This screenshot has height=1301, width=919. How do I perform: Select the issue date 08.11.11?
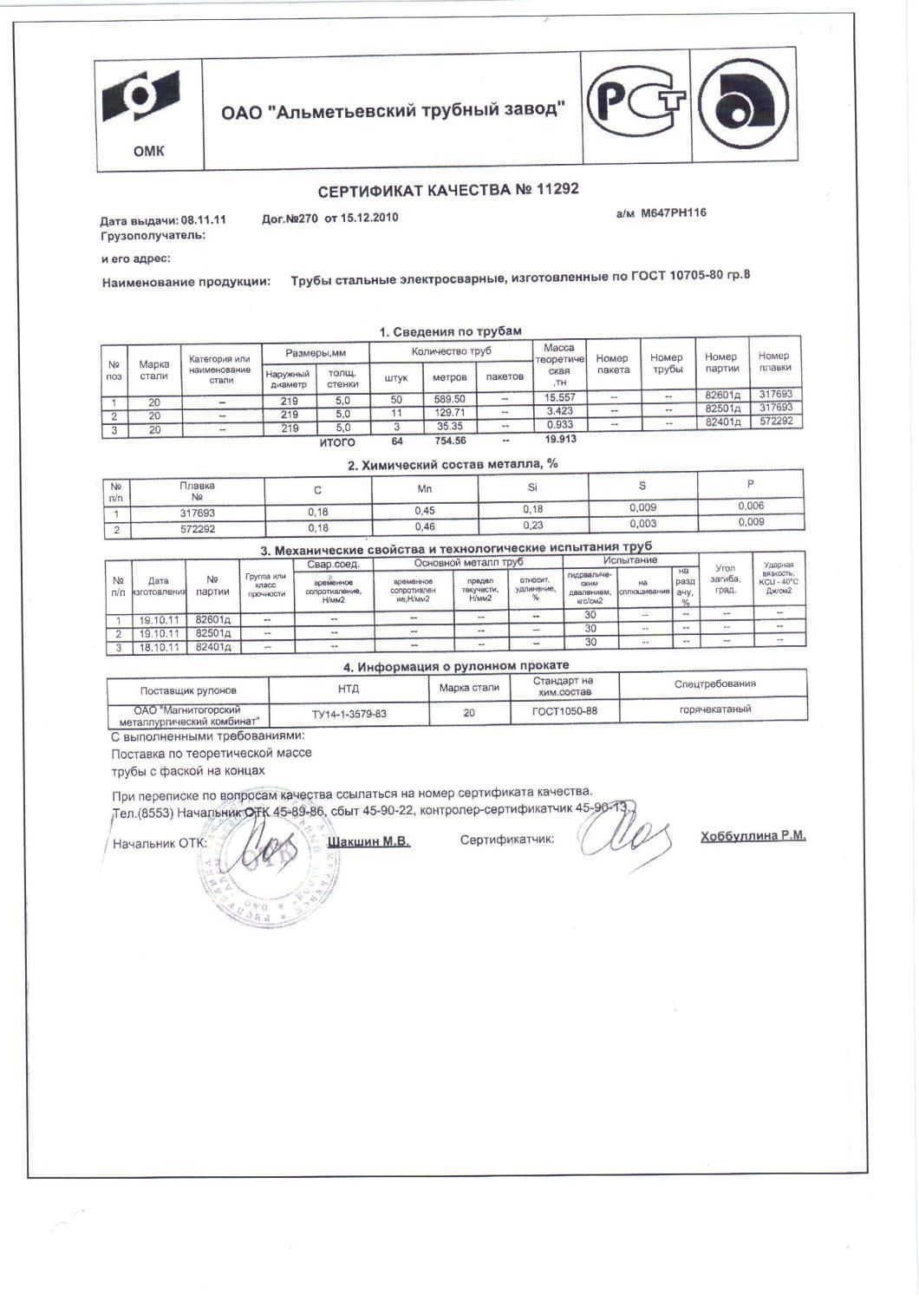coord(204,220)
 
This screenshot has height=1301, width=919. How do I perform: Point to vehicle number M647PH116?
coord(673,212)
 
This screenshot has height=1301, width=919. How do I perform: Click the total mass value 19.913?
coord(561,439)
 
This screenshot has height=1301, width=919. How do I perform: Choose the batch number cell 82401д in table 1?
coord(722,422)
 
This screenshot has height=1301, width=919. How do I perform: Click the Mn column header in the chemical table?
coord(425,489)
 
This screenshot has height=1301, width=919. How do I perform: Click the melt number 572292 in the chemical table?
coord(197,528)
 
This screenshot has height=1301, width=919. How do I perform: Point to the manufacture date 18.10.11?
coord(158,647)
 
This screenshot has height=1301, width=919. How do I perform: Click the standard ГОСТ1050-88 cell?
coord(564,711)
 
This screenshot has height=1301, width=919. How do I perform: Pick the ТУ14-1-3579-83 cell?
coord(349,714)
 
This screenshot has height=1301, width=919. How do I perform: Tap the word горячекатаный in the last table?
coord(715,709)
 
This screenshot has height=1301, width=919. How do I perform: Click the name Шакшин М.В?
coord(370,841)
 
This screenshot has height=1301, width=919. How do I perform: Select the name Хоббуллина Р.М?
coord(753,836)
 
